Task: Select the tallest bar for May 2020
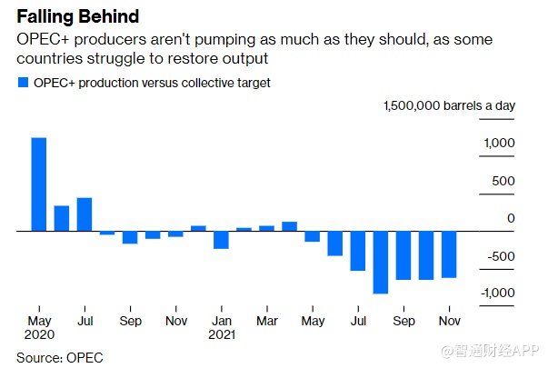coord(39,184)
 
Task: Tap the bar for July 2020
coord(85,214)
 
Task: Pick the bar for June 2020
coord(62,218)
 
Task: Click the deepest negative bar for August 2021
coord(380,263)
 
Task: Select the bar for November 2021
coord(448,254)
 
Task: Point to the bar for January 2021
coord(221,240)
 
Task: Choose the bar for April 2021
coord(289,226)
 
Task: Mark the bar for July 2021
coord(357,251)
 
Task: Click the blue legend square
coord(23,83)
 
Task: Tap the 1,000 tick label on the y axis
coord(499,144)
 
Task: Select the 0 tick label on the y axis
coord(511,218)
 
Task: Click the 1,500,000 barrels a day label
coord(448,105)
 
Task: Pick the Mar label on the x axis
coord(266,321)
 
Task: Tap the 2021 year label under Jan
coord(222,335)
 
